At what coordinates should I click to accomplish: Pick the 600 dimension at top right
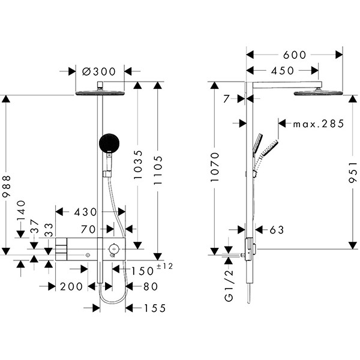tap(295, 55)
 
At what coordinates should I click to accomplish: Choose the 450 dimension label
tap(283, 71)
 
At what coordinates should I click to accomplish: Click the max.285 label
tap(319, 124)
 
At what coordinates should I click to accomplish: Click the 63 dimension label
tap(277, 230)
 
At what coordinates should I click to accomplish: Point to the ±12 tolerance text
tap(164, 266)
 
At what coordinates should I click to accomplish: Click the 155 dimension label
tap(154, 308)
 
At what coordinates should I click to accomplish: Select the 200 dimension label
tap(71, 287)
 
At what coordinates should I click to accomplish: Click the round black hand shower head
tap(109, 144)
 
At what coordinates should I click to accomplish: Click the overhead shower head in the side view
tap(317, 93)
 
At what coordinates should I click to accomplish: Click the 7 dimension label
tap(226, 99)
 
